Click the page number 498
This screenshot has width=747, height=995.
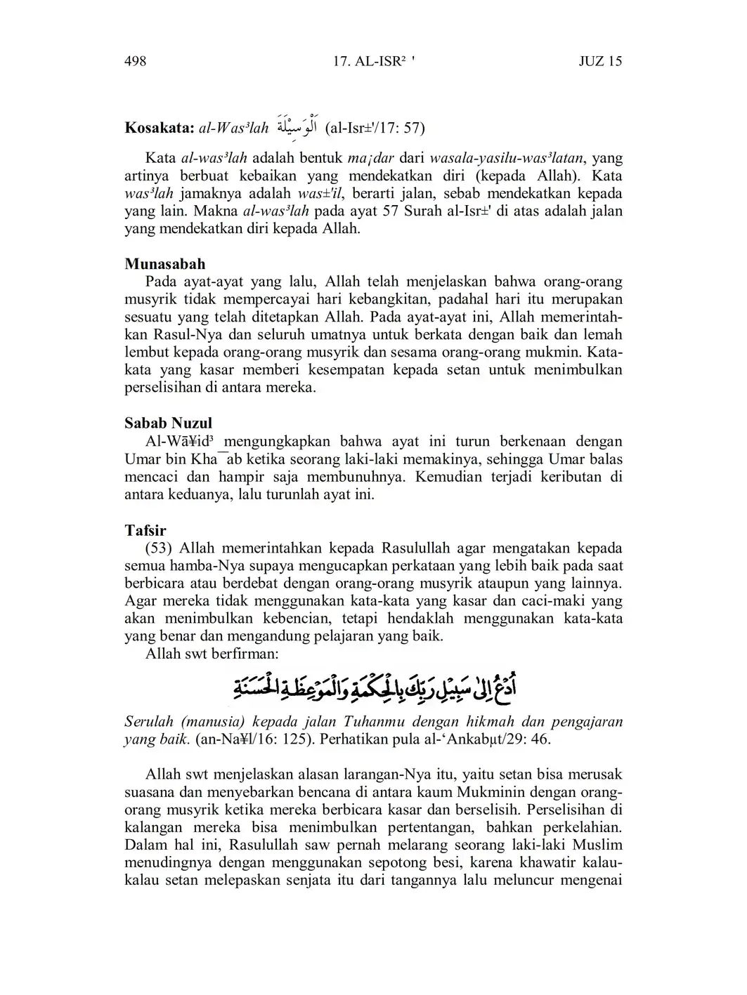tap(135, 61)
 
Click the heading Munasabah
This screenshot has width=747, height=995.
tap(165, 264)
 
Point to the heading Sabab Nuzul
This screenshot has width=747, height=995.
tap(168, 423)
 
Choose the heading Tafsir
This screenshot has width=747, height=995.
tap(145, 529)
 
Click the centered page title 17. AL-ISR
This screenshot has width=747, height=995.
tap(373, 61)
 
